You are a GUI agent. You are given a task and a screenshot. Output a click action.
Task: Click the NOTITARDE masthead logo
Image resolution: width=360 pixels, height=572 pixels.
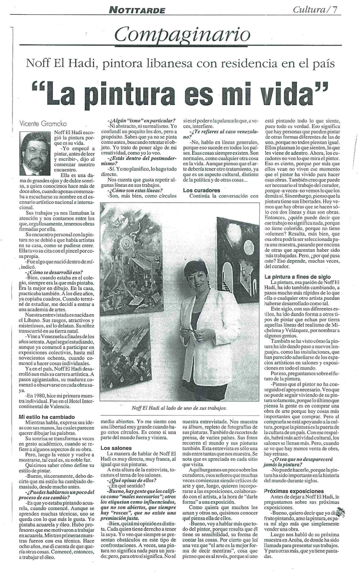tap(137, 10)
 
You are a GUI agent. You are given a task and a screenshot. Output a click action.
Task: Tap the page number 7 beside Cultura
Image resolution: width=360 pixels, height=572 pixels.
tap(335, 10)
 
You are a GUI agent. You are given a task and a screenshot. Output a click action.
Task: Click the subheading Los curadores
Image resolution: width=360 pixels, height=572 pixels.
tap(201, 190)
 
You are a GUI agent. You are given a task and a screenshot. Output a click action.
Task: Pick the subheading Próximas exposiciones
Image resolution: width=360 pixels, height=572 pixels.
tap(293, 491)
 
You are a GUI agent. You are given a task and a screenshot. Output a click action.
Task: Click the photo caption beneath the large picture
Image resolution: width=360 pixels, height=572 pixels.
tap(179, 408)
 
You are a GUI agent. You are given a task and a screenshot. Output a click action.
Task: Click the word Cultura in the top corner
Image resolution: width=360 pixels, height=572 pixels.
tap(309, 10)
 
